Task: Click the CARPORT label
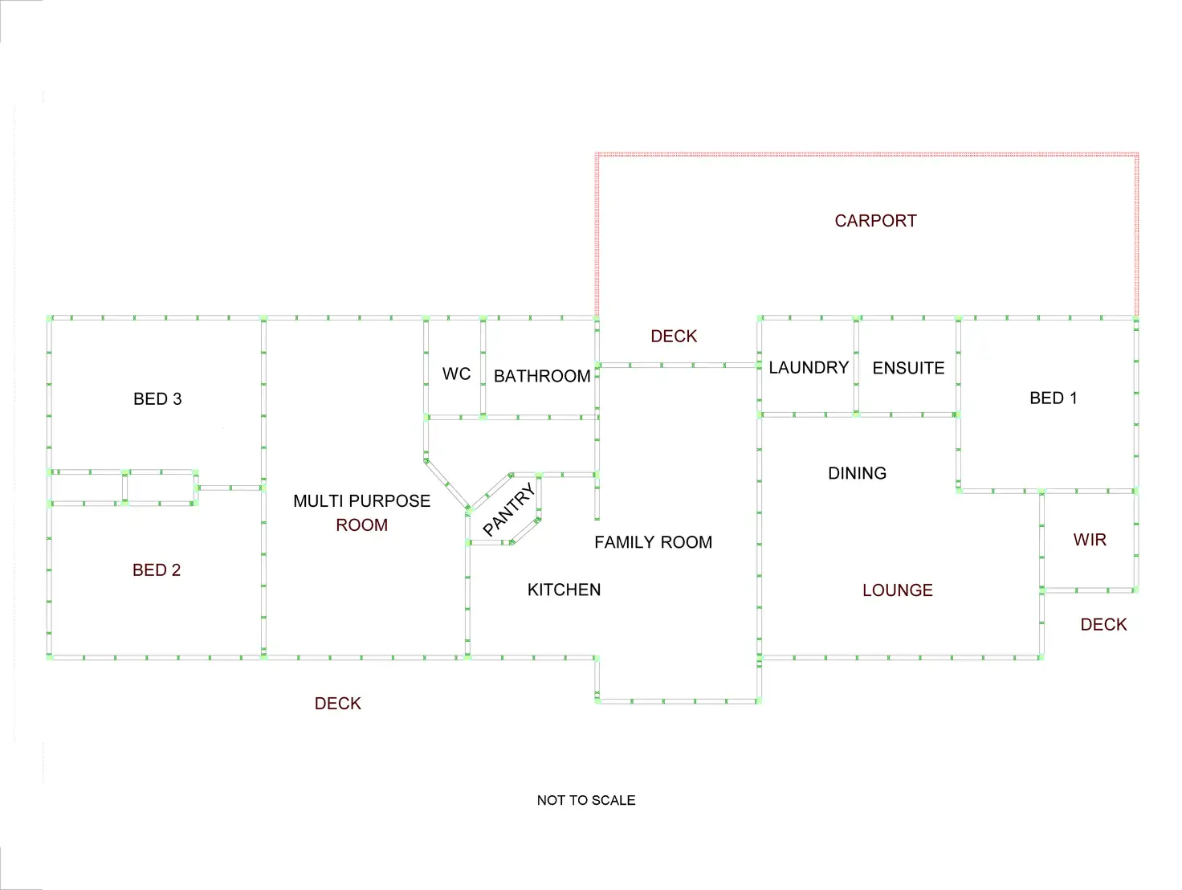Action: click(x=875, y=221)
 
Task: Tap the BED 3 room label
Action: click(x=157, y=399)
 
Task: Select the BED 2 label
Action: click(x=157, y=570)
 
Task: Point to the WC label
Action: click(x=456, y=374)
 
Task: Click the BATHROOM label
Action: click(x=542, y=376)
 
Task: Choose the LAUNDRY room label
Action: click(x=809, y=368)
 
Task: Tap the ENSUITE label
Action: click(x=908, y=369)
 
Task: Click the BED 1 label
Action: click(x=1053, y=398)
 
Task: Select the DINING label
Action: click(x=857, y=474)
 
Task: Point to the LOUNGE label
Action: click(x=897, y=590)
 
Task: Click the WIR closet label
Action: click(x=1090, y=541)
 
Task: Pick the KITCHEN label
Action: click(x=564, y=590)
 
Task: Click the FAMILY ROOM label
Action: click(x=653, y=543)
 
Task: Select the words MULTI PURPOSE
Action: click(x=361, y=501)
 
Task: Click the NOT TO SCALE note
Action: click(x=586, y=800)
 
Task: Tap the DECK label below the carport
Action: click(x=674, y=337)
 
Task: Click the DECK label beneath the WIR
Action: click(x=1103, y=625)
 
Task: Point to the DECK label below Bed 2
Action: click(x=337, y=704)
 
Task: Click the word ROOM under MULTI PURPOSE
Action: click(x=361, y=525)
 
